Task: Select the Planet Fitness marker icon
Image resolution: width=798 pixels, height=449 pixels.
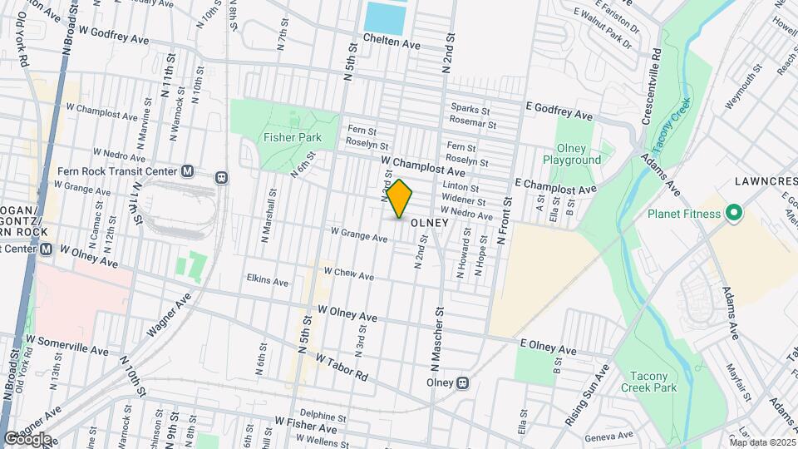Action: [x=733, y=214]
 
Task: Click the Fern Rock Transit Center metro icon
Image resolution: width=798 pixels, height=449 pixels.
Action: [x=187, y=171]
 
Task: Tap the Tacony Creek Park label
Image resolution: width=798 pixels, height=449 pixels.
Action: [x=648, y=382]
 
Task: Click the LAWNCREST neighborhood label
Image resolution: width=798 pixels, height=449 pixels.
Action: [x=766, y=180]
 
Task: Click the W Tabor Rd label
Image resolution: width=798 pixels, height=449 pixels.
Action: [x=342, y=366]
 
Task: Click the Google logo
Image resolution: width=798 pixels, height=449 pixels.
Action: [x=27, y=438]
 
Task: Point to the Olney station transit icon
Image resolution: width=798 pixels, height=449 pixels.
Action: [x=464, y=383]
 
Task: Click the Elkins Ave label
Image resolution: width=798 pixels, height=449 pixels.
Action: [x=267, y=282]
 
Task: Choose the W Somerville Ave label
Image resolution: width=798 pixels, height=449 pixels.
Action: [x=67, y=345]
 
